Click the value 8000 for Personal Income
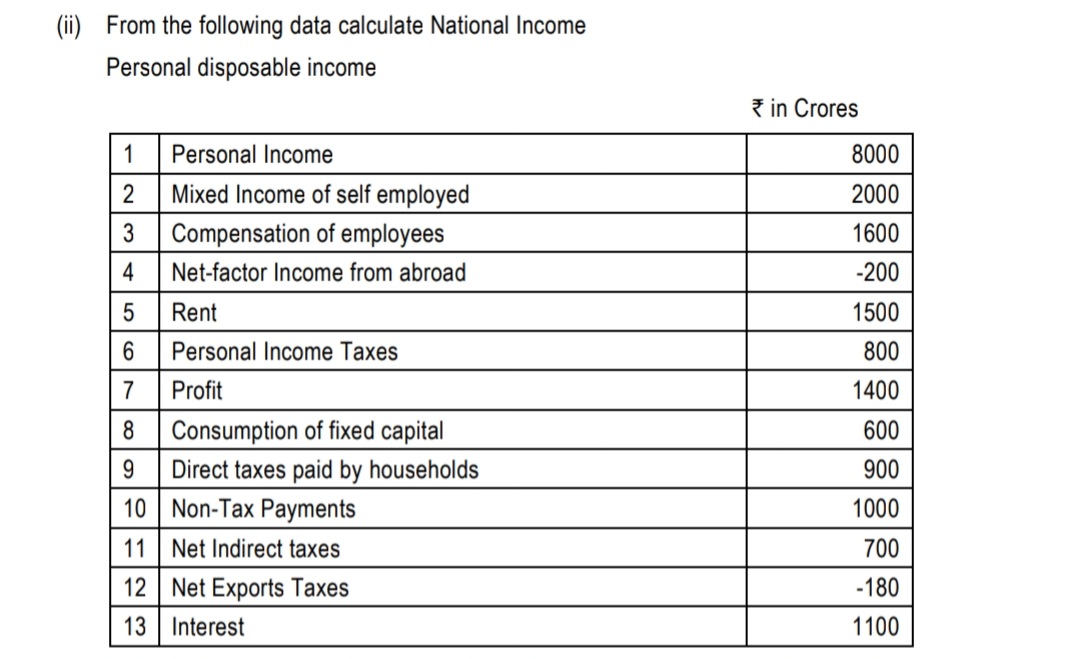[x=875, y=155]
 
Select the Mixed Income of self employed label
[x=320, y=194]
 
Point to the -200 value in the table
[x=878, y=273]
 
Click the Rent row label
[x=194, y=313]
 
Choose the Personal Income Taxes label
[x=284, y=352]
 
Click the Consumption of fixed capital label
[x=307, y=431]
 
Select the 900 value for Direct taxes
[x=881, y=470]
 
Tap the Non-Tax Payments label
[x=263, y=509]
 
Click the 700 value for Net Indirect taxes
[x=881, y=549]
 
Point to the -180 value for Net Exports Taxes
[x=878, y=588]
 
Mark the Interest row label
[x=207, y=628]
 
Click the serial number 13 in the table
[x=134, y=628]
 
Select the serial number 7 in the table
[x=128, y=391]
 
